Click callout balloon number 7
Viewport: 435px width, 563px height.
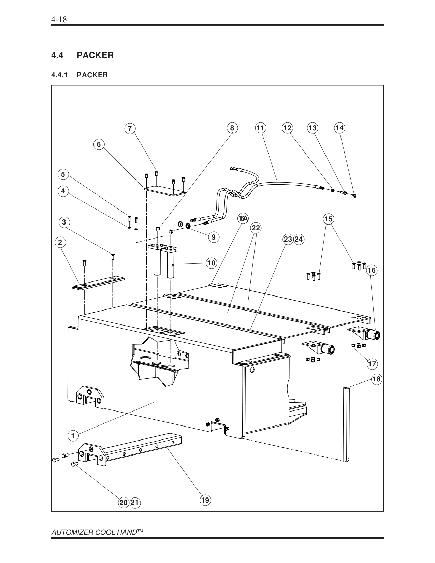130,129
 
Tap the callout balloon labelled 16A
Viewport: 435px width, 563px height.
243,219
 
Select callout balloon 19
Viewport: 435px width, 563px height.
205,500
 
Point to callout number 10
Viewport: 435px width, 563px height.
212,263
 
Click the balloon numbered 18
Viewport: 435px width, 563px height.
376,379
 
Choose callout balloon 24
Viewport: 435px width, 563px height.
299,239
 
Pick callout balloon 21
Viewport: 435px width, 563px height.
135,503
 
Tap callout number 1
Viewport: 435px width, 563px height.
73,436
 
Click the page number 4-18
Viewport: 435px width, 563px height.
59,19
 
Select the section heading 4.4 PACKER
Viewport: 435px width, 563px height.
82,55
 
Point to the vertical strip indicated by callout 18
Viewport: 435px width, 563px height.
346,425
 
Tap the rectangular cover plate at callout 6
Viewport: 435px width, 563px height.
165,191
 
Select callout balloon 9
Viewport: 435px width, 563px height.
214,237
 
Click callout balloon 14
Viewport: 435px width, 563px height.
339,128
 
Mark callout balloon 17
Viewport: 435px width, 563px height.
372,364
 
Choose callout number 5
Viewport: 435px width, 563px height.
63,174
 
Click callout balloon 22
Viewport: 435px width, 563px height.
256,228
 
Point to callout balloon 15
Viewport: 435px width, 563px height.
328,219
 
